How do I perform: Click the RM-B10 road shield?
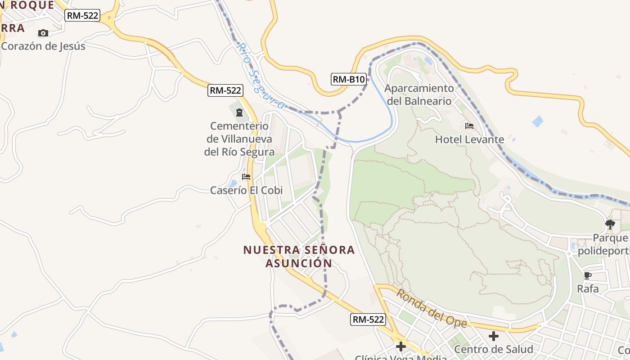(x=348, y=80)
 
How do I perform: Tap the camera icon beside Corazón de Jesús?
(x=43, y=33)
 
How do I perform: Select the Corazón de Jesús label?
(x=43, y=46)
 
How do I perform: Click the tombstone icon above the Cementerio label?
(x=239, y=112)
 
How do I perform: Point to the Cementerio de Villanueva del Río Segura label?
(x=239, y=139)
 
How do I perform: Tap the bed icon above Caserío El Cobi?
(x=246, y=177)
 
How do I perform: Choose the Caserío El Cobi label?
(x=247, y=190)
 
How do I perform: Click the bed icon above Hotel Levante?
(x=469, y=126)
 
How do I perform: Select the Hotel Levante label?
(x=469, y=139)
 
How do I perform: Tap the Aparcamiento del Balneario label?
(x=419, y=94)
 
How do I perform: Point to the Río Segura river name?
(x=260, y=76)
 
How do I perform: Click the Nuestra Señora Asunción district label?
(x=299, y=256)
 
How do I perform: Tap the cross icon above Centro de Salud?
(x=494, y=336)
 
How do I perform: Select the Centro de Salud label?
(x=494, y=349)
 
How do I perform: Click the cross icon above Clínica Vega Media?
(x=401, y=346)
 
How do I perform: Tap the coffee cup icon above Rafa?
(x=587, y=275)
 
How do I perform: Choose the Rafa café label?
(x=588, y=288)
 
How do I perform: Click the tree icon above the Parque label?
(x=610, y=224)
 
